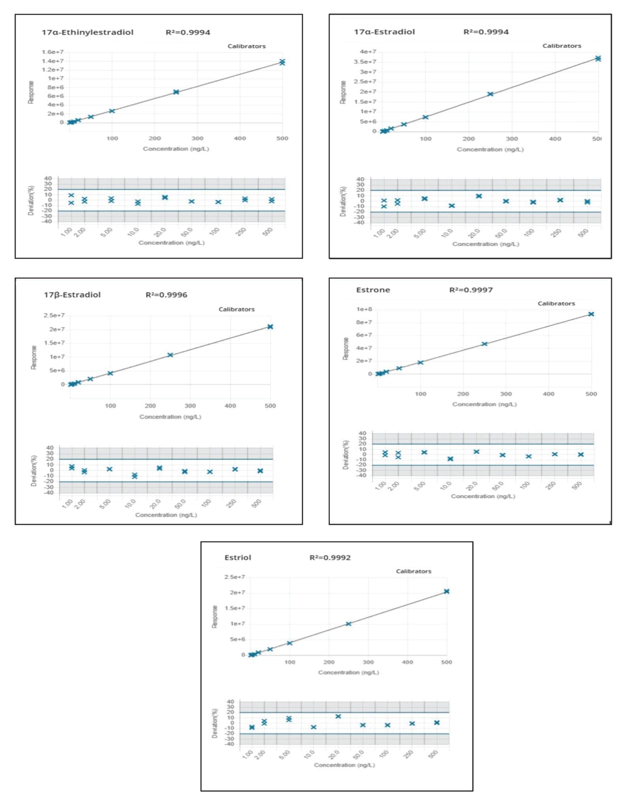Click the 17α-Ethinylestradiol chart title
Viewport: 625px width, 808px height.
[88, 32]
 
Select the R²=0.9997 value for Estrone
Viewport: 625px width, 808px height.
[471, 290]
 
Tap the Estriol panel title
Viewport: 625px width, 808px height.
[238, 557]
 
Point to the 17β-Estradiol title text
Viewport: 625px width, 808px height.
[72, 295]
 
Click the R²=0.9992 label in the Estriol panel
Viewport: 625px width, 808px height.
[330, 557]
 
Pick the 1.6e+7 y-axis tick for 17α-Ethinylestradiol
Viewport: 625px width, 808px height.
[53, 52]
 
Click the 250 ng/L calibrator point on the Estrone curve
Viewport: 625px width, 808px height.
[484, 344]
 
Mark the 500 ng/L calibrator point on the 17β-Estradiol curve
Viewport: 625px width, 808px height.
[270, 327]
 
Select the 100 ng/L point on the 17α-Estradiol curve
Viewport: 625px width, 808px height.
[425, 117]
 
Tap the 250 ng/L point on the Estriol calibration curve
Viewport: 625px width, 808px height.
[349, 624]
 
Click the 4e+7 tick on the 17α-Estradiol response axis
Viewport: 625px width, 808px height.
[368, 52]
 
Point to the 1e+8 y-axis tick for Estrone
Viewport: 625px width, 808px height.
[364, 309]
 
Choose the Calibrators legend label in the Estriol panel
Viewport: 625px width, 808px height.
[413, 571]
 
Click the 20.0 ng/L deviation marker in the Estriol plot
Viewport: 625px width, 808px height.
[338, 716]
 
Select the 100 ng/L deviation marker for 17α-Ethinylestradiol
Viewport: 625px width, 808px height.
[218, 202]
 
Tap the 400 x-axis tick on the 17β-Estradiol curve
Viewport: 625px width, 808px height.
[230, 406]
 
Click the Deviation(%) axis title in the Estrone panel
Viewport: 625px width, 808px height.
[346, 454]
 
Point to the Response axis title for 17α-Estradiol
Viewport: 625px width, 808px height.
[343, 92]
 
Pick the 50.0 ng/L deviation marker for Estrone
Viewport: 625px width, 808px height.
[502, 455]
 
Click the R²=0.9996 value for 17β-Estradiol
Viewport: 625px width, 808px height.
[166, 295]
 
